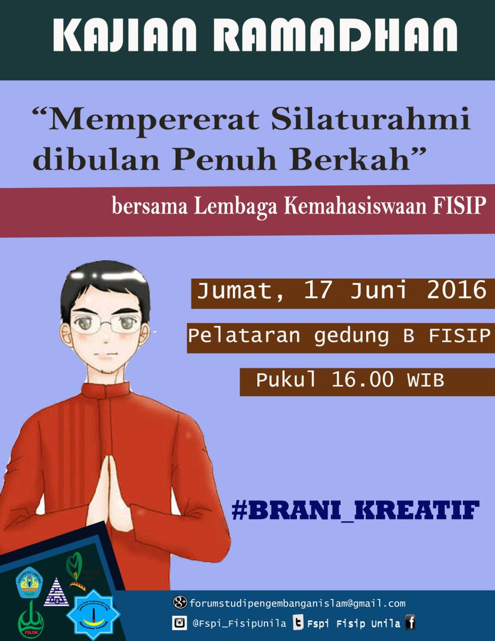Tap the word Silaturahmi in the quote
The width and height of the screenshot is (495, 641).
369,121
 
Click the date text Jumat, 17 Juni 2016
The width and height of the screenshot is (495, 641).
342,291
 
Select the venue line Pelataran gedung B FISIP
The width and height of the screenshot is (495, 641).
339,337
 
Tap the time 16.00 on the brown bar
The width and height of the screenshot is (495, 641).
363,380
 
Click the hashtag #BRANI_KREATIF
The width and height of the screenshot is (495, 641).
355,510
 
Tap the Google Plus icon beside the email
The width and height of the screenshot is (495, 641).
180,603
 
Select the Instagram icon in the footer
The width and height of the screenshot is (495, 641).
179,623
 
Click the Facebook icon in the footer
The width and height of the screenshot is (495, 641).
410,622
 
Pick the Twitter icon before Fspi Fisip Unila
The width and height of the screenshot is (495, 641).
298,623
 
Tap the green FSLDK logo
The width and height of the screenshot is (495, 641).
30,620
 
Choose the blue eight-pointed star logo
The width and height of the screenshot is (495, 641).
93,614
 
